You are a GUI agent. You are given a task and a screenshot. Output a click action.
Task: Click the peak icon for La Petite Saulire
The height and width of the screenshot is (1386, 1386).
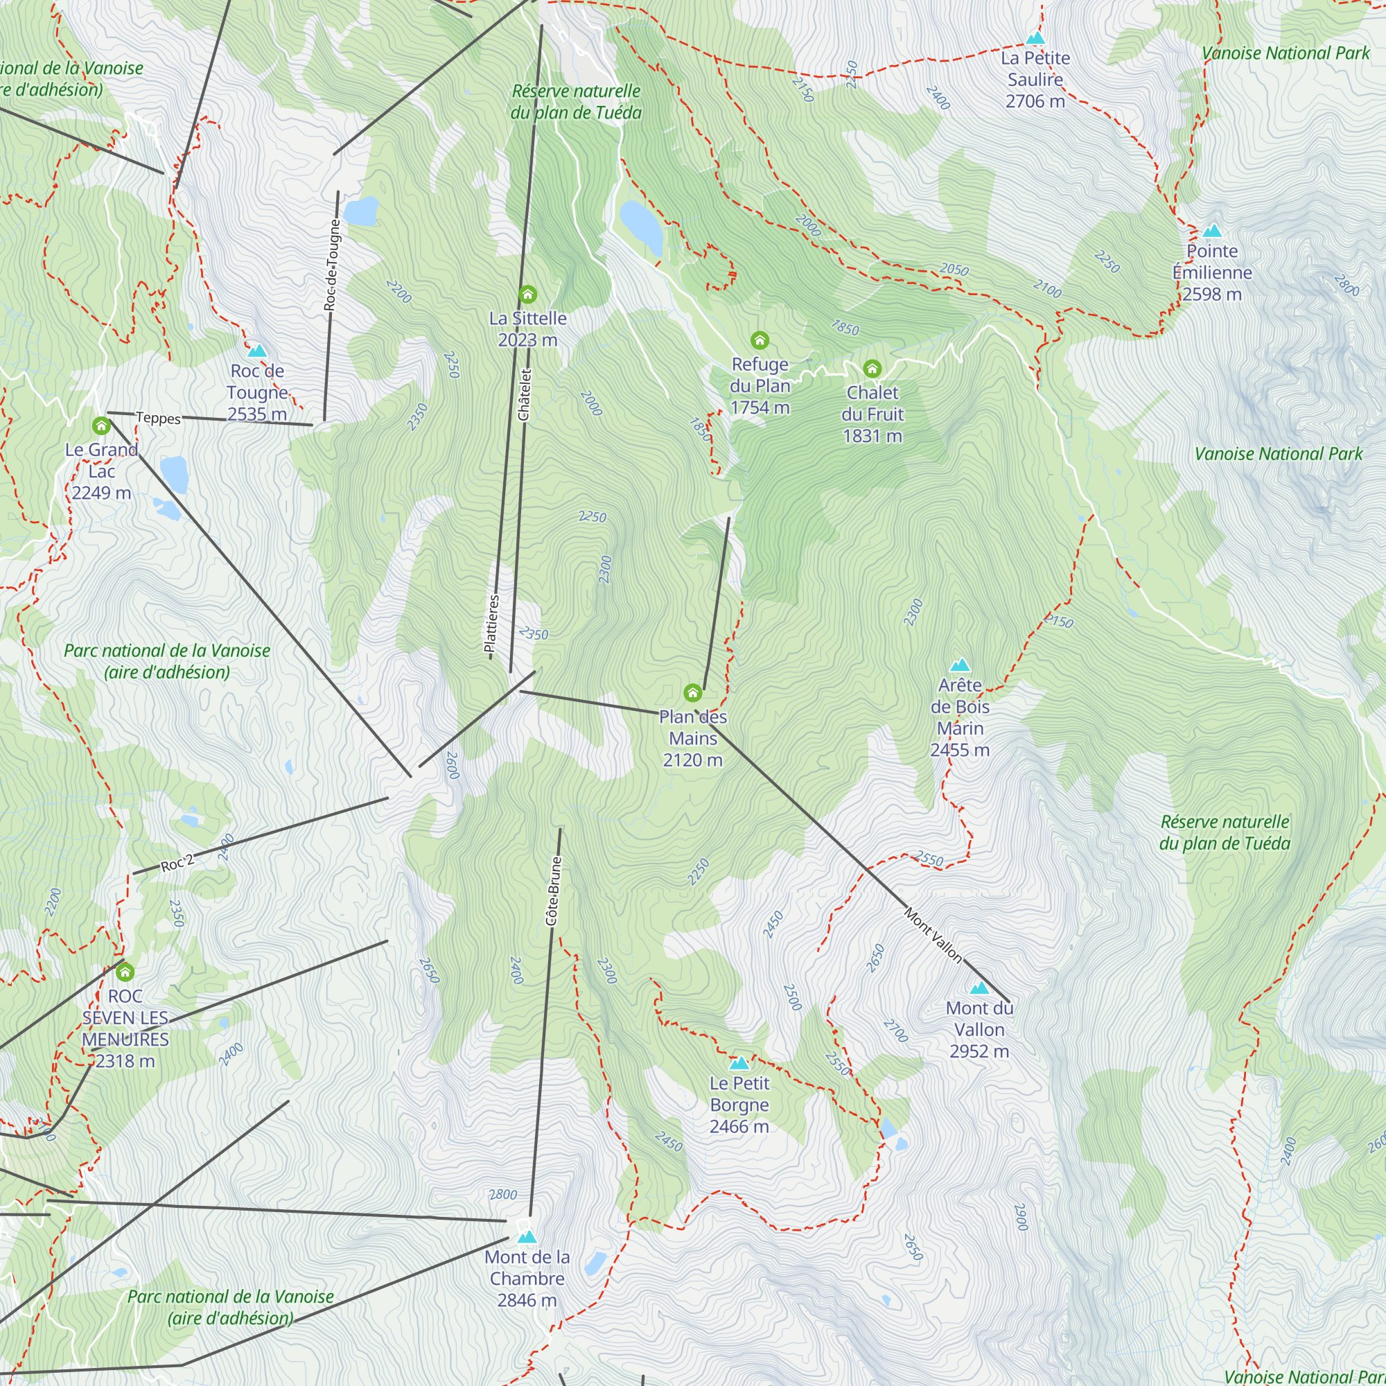[x=1035, y=38]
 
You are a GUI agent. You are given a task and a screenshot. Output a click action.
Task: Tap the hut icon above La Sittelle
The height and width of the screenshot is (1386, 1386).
[x=528, y=294]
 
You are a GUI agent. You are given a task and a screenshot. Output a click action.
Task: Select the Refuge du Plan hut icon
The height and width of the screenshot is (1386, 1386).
[x=760, y=340]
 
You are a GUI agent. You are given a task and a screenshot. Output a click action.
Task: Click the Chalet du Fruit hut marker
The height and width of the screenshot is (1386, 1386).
[x=872, y=369]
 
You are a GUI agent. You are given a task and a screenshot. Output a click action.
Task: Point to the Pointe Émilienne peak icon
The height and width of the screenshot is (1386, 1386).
[x=1211, y=231]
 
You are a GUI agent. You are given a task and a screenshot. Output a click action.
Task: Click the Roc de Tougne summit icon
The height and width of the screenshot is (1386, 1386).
[x=257, y=351]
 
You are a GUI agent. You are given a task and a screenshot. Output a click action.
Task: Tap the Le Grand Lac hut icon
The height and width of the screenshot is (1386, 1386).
[x=101, y=426]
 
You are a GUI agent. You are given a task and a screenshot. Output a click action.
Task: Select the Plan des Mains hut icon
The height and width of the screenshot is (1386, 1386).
[x=692, y=692]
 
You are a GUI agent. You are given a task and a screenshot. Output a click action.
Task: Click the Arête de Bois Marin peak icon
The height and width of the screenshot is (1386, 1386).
[x=960, y=665]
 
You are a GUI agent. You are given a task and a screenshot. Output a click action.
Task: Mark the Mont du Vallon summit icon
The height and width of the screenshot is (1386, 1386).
[x=979, y=988]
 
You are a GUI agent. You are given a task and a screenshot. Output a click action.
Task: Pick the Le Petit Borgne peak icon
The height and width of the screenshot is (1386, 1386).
[x=739, y=1063]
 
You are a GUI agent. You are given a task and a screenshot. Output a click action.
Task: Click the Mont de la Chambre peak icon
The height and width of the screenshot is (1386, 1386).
[x=527, y=1237]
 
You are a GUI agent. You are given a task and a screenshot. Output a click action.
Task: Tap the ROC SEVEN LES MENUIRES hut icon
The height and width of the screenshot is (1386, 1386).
[x=125, y=972]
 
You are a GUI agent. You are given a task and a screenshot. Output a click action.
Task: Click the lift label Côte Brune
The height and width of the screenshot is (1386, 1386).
[x=553, y=891]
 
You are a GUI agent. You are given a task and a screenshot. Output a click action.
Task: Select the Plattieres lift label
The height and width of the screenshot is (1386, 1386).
[x=492, y=626]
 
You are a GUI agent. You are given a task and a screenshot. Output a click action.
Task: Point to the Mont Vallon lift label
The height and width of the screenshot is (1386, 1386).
[x=933, y=935]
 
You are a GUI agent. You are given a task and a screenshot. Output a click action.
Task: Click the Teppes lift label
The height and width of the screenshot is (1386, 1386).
[x=158, y=417]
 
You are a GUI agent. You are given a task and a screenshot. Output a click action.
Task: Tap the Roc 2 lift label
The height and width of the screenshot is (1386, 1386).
[x=177, y=863]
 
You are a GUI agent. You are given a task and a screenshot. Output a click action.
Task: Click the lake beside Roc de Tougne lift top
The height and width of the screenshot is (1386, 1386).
[x=361, y=211]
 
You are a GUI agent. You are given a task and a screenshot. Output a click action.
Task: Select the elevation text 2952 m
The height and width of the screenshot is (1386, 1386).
[x=979, y=1051]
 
